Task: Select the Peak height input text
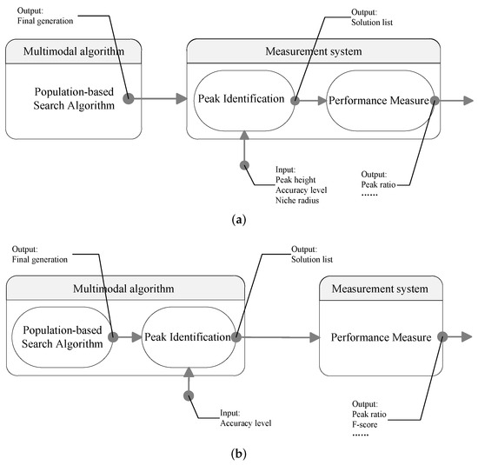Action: click(296, 179)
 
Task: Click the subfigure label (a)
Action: click(238, 221)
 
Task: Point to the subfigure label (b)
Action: click(238, 453)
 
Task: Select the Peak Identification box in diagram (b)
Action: click(188, 336)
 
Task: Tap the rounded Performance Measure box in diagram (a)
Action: click(378, 101)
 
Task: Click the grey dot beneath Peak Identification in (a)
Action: click(244, 164)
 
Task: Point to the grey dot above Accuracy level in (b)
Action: click(188, 395)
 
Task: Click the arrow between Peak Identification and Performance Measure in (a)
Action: click(311, 101)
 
